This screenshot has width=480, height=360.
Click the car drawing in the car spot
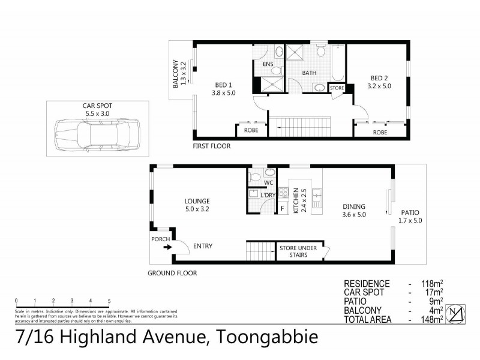pos(97,134)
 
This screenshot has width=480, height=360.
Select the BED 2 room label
pos(379,78)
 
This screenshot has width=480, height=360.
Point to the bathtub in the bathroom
pos(337,66)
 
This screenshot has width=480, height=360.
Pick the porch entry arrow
pos(166,246)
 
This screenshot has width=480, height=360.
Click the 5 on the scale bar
pos(109,301)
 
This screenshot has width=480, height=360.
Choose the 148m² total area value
pos(432,320)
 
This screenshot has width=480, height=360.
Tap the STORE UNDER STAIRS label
pos(293,251)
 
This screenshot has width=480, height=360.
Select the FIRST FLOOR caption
pos(211,146)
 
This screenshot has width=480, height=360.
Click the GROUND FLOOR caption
pos(172,272)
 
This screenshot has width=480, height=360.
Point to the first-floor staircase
pos(304,127)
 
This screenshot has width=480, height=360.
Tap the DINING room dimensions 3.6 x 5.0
pos(354,214)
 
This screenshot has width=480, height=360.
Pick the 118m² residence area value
pos(432,284)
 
